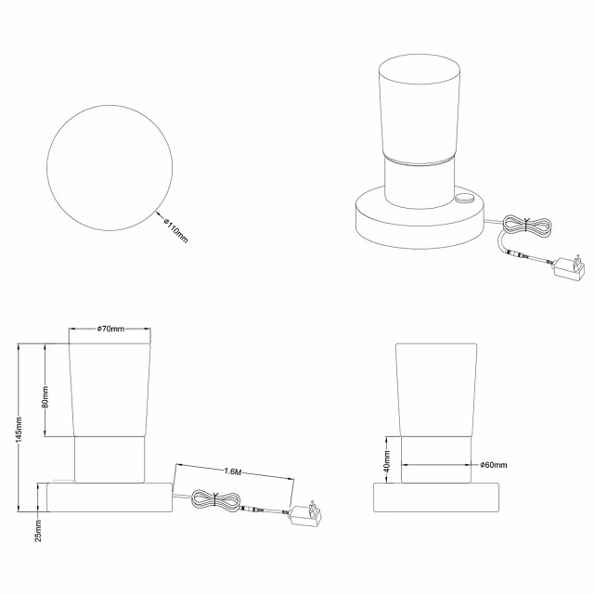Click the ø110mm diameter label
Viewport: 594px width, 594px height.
click(x=175, y=229)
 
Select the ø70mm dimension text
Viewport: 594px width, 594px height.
click(x=110, y=329)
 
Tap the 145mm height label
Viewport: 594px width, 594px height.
click(x=19, y=429)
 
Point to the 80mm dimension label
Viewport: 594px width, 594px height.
click(x=45, y=397)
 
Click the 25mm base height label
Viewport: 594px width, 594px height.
click(x=38, y=531)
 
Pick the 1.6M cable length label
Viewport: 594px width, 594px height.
click(x=233, y=471)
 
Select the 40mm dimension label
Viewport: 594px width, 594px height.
click(x=387, y=461)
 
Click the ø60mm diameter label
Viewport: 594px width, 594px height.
click(x=494, y=465)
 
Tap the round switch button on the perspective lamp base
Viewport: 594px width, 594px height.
click(x=465, y=197)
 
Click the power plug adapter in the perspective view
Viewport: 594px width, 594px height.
click(x=569, y=267)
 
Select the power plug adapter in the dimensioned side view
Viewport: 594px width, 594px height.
click(x=305, y=513)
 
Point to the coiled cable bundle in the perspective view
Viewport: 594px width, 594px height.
click(x=527, y=226)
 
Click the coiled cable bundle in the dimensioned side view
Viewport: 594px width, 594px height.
click(x=215, y=500)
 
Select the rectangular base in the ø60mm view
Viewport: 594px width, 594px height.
click(x=436, y=497)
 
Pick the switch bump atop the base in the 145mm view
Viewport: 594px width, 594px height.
click(x=63, y=481)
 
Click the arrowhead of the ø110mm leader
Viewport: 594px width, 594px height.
click(x=158, y=214)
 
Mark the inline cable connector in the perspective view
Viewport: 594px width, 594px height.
click(x=518, y=253)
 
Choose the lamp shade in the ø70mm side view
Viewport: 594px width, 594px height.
click(x=110, y=390)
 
